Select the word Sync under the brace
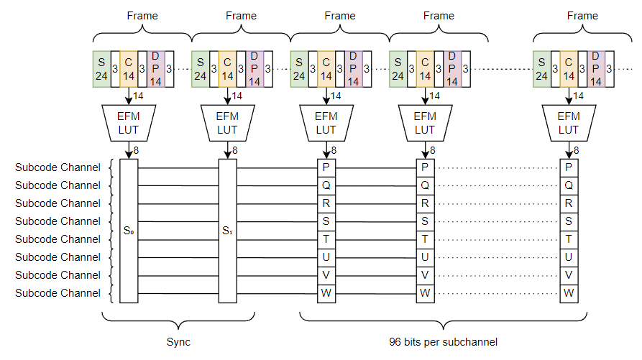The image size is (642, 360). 178,342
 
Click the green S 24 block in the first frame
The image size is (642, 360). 101,69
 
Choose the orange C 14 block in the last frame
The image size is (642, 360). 569,69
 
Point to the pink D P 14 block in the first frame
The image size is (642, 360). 156,69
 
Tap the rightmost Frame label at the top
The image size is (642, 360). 582,15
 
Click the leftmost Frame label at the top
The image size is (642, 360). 142,15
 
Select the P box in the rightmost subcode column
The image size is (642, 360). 569,167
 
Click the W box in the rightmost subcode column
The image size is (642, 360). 569,293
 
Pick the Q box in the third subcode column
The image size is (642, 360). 326,185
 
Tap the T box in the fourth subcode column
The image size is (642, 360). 425,239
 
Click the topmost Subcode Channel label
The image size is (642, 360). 58,167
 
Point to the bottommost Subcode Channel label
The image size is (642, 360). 58,293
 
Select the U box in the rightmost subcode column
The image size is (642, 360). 569,257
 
